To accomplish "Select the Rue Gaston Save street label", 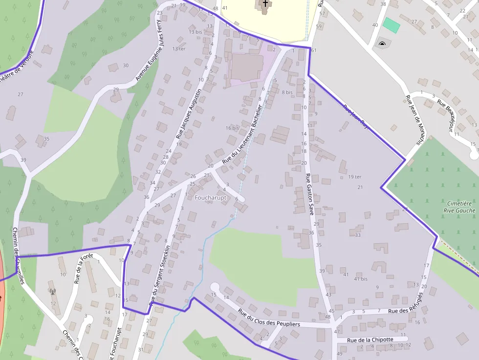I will tap(309, 194).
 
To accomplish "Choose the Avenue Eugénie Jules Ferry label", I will tap(149, 47).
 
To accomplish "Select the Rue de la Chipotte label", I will tap(370, 340).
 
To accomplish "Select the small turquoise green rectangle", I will tap(391, 25).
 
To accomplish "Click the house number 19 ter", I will tap(355, 177).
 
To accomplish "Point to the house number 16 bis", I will tap(233, 128).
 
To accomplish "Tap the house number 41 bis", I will tap(361, 279).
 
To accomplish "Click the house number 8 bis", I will tap(287, 92).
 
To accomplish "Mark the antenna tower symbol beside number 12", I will tap(53, 292).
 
